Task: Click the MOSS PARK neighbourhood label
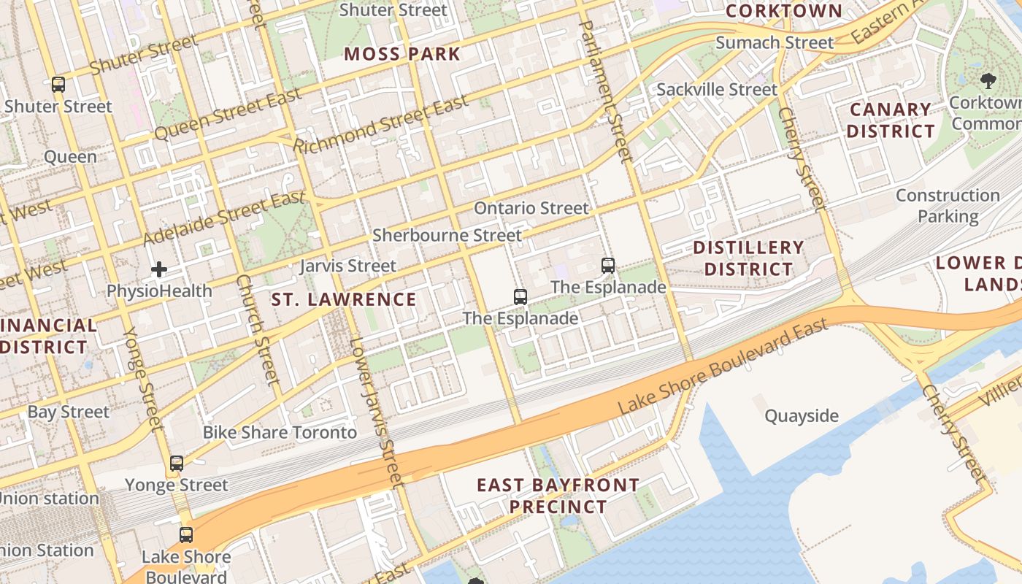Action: [x=402, y=54]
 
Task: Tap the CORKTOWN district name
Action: [x=784, y=11]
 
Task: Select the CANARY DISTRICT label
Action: [x=891, y=120]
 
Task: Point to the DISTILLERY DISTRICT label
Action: [x=748, y=258]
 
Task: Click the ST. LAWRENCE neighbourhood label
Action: [x=344, y=299]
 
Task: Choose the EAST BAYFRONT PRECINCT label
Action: [x=558, y=496]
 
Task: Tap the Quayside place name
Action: [x=802, y=416]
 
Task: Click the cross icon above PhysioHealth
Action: [x=159, y=270]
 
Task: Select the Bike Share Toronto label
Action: [x=280, y=432]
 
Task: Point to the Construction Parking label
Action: [x=948, y=206]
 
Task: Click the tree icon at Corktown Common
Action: [x=988, y=80]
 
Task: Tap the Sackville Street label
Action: [x=717, y=90]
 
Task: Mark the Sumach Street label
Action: [x=774, y=43]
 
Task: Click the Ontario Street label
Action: [x=531, y=208]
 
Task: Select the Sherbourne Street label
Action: [x=447, y=235]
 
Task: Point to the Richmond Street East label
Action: [x=380, y=124]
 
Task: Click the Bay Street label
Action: [x=68, y=412]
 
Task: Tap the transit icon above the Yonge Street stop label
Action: [x=177, y=464]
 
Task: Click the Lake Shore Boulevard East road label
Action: [x=723, y=367]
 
